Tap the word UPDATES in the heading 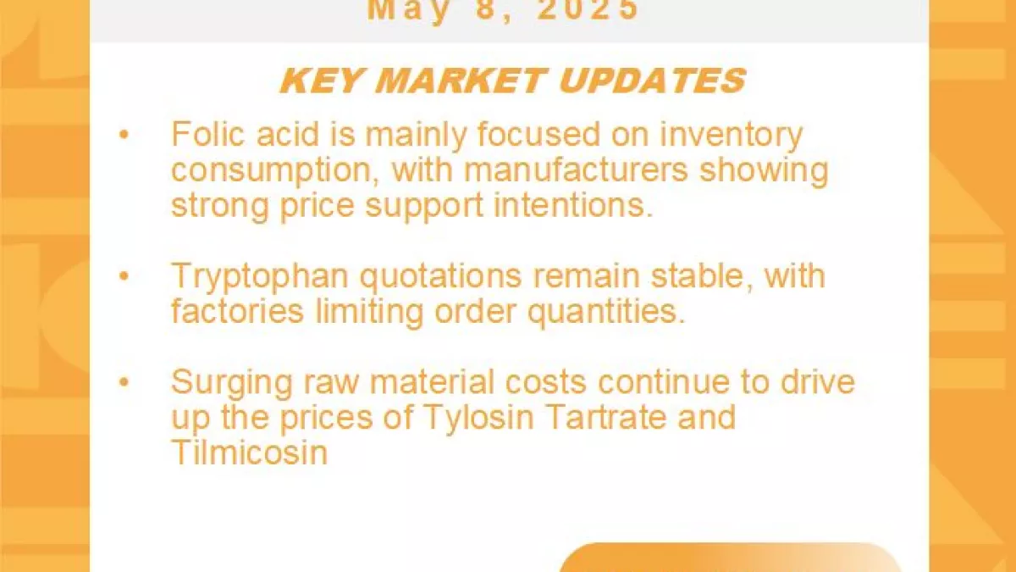pos(652,81)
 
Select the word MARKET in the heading pos(460,81)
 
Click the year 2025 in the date pos(588,9)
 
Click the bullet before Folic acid pos(124,135)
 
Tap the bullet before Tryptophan pos(124,276)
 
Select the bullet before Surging pos(124,382)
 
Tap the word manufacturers pos(576,169)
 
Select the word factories pos(237,311)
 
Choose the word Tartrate pos(606,417)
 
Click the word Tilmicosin pos(249,452)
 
